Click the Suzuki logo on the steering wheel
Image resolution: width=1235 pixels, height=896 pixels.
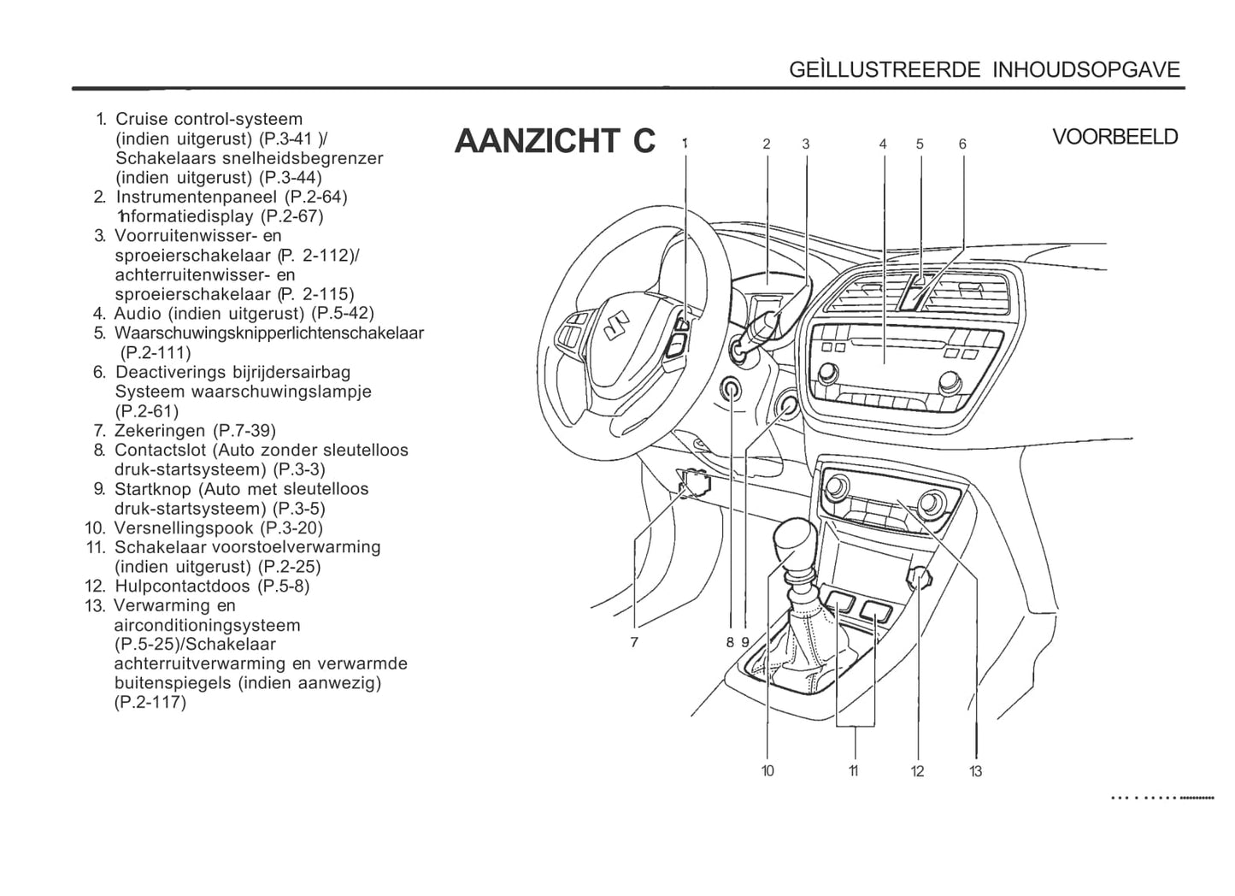(616, 326)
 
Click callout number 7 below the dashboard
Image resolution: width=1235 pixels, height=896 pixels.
(634, 642)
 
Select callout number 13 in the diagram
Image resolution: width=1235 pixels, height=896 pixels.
(975, 771)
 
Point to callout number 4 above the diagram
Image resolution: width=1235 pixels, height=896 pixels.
(883, 144)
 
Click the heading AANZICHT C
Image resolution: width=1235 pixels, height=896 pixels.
(555, 140)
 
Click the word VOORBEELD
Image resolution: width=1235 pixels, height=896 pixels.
(1114, 137)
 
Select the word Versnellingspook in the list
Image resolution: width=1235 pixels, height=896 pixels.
(184, 528)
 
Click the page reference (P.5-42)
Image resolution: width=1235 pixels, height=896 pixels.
(343, 313)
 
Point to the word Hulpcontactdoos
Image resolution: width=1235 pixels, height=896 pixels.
(183, 586)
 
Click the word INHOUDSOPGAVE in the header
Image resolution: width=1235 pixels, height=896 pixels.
(1086, 70)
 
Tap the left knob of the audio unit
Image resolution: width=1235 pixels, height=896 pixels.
(827, 374)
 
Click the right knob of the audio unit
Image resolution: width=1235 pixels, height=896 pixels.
(950, 381)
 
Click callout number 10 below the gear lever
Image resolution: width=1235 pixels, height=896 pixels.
(767, 771)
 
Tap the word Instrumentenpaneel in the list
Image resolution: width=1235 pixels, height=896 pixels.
(197, 197)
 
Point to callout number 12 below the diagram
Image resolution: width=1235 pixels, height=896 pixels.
(917, 771)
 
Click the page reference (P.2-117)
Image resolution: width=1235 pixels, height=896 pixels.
(150, 703)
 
